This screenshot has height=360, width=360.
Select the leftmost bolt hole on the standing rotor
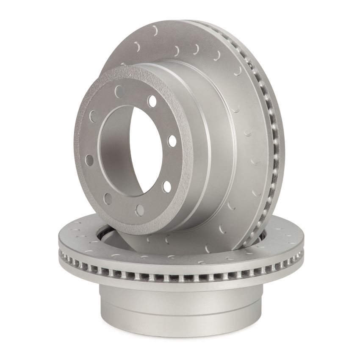click(x=90, y=160)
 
